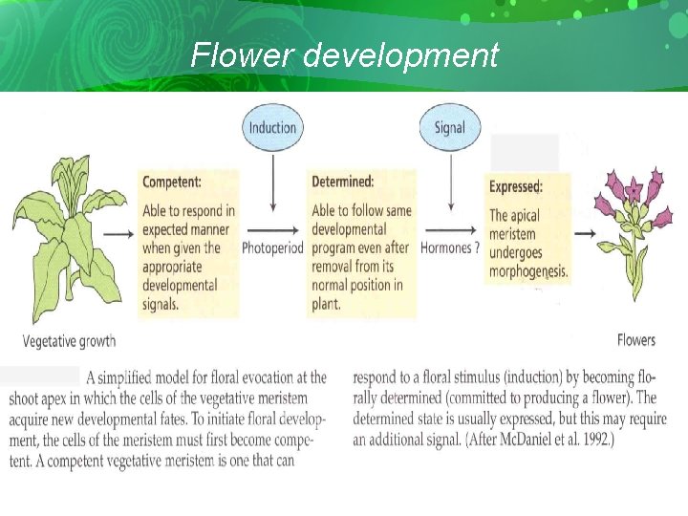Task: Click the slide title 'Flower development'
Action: click(344, 55)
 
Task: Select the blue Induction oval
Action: click(272, 127)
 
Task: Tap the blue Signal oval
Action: click(449, 127)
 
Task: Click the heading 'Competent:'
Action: click(172, 182)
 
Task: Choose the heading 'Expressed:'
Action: click(516, 187)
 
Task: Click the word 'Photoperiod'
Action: click(272, 247)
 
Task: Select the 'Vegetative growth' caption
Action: click(69, 340)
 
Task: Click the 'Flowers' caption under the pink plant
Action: click(636, 339)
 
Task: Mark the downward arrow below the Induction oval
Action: click(273, 182)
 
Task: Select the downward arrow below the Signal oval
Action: click(449, 182)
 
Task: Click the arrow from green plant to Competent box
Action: click(118, 232)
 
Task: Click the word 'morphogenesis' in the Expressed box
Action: click(528, 271)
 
